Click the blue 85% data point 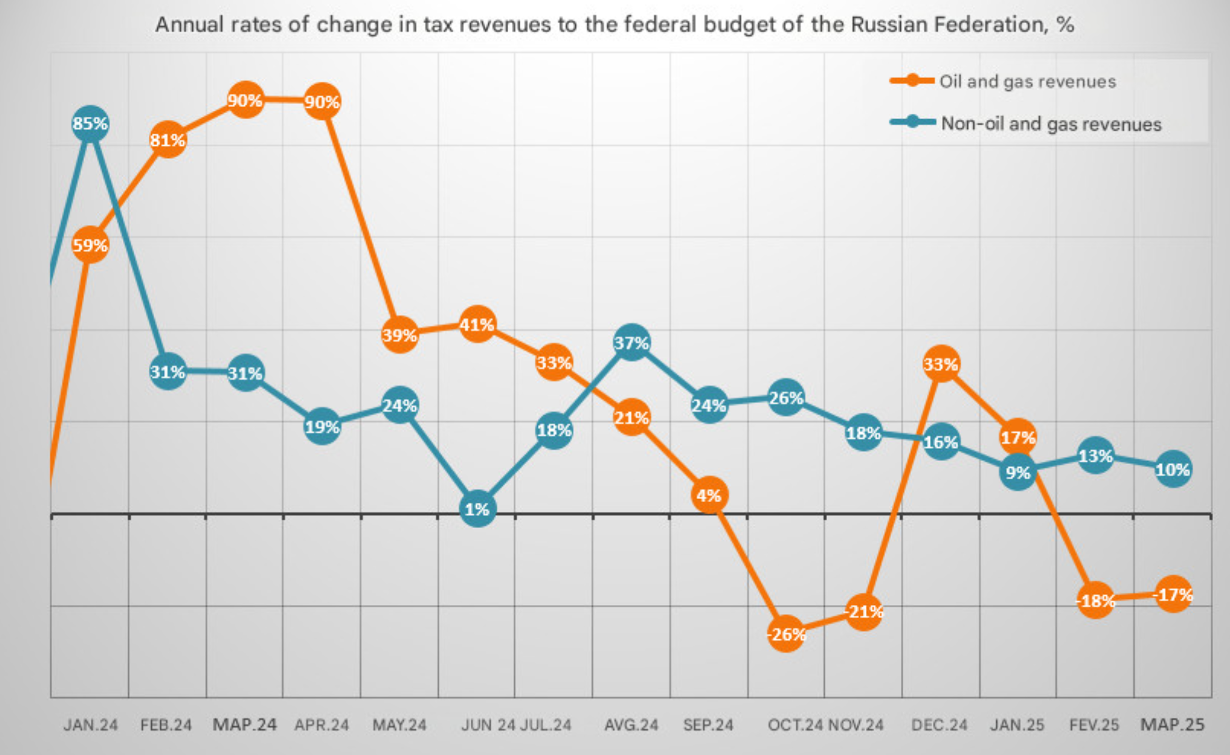click(90, 124)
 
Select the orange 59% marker click(90, 245)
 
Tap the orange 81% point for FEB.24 click(168, 140)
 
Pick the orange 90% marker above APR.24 click(322, 101)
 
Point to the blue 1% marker click(477, 509)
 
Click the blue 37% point click(632, 342)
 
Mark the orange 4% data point click(709, 495)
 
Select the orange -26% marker click(786, 634)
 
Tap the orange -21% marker click(863, 612)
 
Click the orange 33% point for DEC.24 click(941, 364)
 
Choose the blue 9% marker click(1018, 472)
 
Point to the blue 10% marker click(1173, 469)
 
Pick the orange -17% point click(1173, 595)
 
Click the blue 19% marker click(322, 427)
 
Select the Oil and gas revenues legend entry click(1003, 81)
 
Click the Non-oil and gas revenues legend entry click(1026, 123)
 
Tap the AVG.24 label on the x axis click(631, 724)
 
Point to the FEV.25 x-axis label click(1094, 724)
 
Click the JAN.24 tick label click(91, 724)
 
